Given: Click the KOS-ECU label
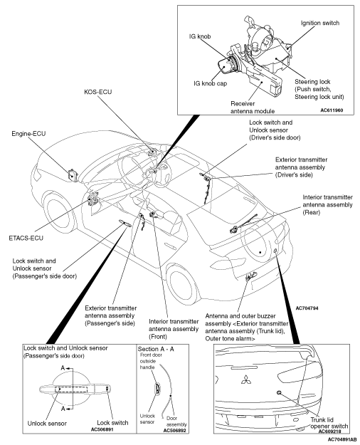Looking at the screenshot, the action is [x=98, y=92].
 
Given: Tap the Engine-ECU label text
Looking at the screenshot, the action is [x=28, y=133].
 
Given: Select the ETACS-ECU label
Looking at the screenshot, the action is [x=26, y=238].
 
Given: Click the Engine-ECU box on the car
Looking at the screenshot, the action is [x=73, y=174].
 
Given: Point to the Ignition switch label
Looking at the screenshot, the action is [x=320, y=23].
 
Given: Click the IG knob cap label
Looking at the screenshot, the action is [x=210, y=83].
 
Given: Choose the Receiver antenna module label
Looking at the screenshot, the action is [x=253, y=108].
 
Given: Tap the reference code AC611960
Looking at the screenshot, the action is [x=332, y=110].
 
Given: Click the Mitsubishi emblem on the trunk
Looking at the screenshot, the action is [x=246, y=379].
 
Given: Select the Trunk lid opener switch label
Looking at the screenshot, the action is [x=329, y=423].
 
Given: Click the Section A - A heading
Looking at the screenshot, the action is [x=156, y=349].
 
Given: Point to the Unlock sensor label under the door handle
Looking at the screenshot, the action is [x=47, y=424].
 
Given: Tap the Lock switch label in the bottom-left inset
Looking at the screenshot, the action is [x=112, y=423].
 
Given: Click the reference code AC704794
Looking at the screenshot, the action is [x=307, y=308].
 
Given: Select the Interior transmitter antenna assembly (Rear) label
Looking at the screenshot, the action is [x=327, y=204].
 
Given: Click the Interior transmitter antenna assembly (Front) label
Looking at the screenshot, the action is [x=174, y=329].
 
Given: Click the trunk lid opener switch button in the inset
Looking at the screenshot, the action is [x=279, y=392].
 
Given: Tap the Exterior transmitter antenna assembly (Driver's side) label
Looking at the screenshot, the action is [x=301, y=167].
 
